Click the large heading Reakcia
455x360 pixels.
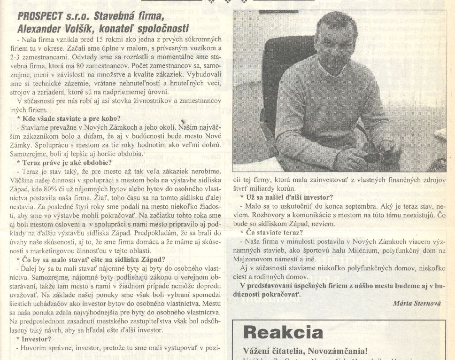click(283, 332)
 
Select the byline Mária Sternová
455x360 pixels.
click(416, 303)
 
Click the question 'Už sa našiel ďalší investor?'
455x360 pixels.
click(286, 197)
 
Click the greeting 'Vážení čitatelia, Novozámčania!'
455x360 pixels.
click(305, 351)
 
